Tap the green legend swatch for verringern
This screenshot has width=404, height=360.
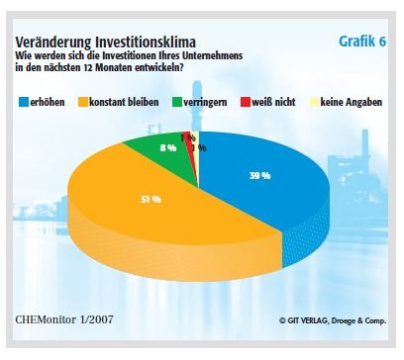click(x=177, y=102)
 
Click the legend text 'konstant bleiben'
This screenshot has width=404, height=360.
click(x=128, y=102)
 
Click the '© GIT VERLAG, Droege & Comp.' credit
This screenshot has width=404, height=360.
click(x=317, y=318)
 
